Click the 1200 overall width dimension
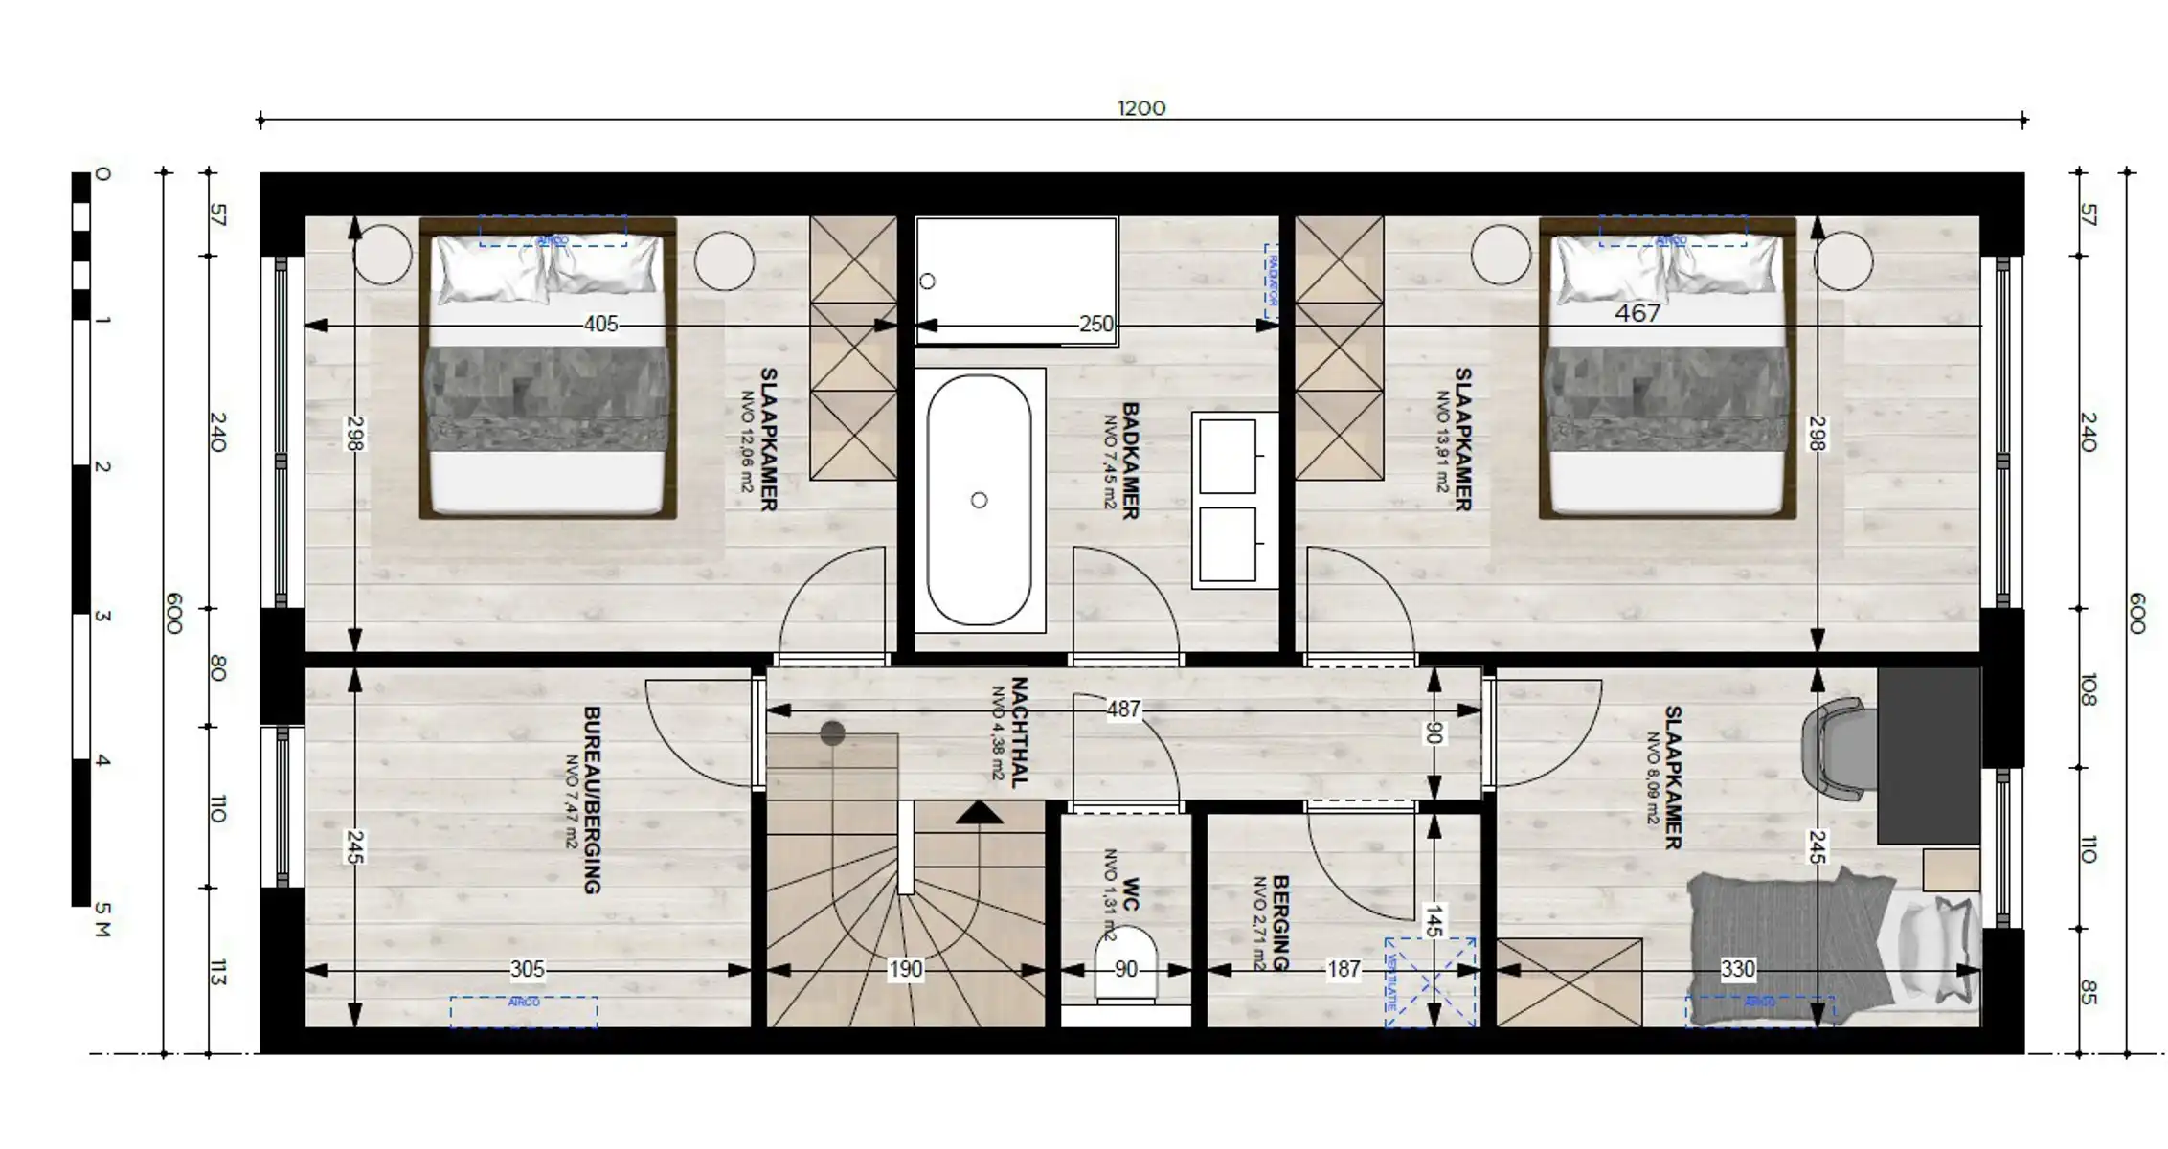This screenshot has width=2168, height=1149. (x=1141, y=108)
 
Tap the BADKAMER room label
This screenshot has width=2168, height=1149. (x=1130, y=461)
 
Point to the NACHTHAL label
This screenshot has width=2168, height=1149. (x=1019, y=732)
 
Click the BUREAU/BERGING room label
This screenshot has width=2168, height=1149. (x=592, y=800)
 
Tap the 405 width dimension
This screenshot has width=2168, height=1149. (x=600, y=325)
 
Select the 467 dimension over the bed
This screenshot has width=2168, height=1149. (x=1637, y=313)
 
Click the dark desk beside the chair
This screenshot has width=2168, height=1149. (x=1927, y=755)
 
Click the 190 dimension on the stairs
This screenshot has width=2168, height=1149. (x=905, y=970)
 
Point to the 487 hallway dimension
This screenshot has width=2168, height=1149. (x=1123, y=710)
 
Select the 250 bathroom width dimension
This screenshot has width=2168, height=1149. (x=1096, y=325)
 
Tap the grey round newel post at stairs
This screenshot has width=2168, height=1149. (x=832, y=733)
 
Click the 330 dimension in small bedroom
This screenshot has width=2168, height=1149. (x=1737, y=970)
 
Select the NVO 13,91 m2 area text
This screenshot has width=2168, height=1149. (x=1442, y=441)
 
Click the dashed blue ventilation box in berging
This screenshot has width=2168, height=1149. (x=1431, y=982)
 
